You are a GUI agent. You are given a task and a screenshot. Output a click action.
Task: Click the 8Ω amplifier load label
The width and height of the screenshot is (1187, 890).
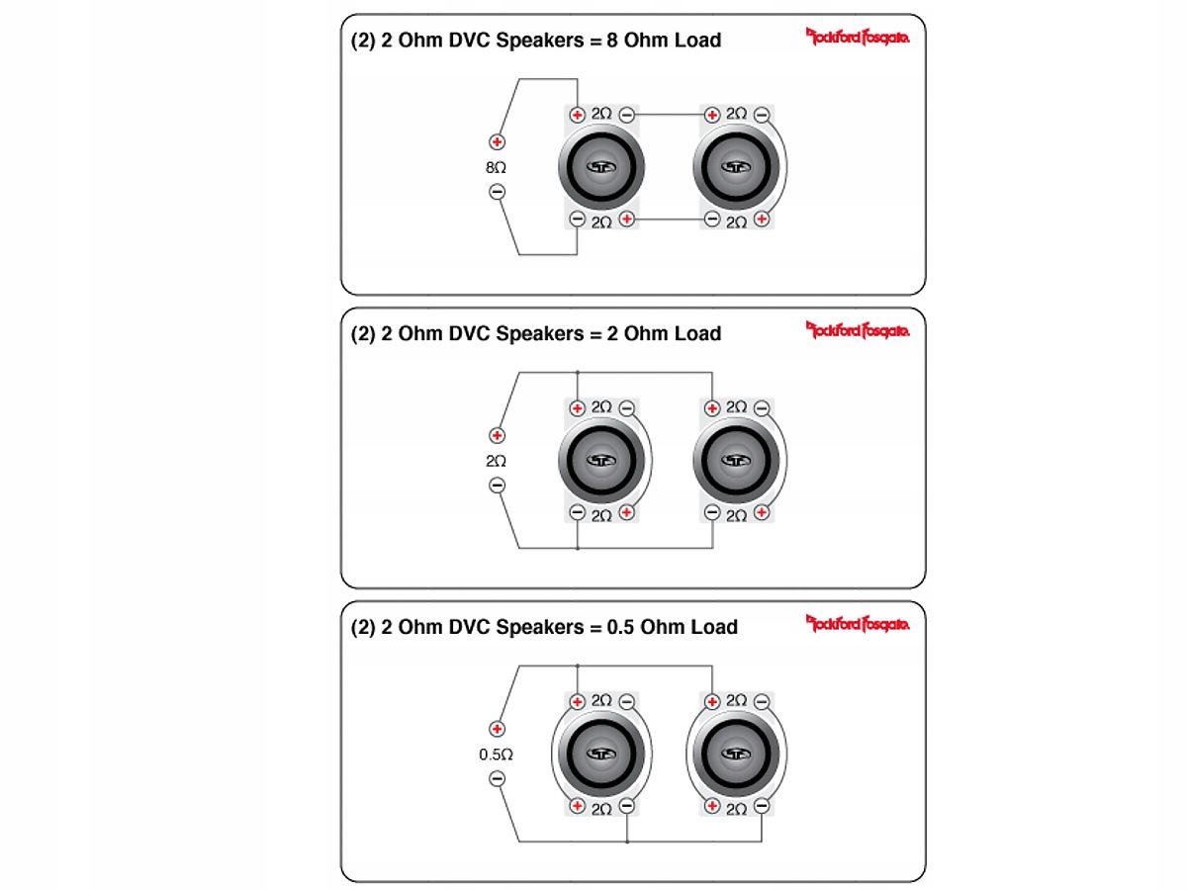coord(497,168)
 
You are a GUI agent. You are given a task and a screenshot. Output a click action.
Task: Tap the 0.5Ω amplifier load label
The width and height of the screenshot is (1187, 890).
coord(497,755)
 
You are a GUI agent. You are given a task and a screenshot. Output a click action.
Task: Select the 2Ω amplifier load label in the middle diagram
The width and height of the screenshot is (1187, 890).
coord(497,461)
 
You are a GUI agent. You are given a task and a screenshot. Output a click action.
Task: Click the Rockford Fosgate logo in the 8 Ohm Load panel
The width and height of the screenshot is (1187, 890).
coord(858,38)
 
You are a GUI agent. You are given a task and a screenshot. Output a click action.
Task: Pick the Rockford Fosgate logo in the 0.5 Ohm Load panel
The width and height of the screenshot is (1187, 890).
coord(858,624)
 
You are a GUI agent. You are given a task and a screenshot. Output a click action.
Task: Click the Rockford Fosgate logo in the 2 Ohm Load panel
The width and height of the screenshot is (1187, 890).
coord(858,330)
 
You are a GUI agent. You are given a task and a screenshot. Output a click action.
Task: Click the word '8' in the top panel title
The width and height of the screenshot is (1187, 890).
coord(612,41)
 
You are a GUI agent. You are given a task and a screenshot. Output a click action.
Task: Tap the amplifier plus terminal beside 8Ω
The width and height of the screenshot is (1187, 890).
coord(498,142)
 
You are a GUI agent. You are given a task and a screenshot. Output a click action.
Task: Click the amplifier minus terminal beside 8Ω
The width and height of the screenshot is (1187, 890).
coord(498,192)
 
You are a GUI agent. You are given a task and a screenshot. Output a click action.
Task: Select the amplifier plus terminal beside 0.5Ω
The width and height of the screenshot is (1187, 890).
coord(498,729)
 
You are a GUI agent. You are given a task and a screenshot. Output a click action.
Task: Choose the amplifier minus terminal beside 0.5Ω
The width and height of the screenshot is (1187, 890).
coord(498,779)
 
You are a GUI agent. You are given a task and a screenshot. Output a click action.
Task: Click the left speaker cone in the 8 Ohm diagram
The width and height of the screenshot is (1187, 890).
coord(601,167)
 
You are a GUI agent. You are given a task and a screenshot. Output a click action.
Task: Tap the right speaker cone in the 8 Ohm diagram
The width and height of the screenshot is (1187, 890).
coord(736,167)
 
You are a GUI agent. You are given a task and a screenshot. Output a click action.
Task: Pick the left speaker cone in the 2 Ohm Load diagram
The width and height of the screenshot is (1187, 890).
coord(601,460)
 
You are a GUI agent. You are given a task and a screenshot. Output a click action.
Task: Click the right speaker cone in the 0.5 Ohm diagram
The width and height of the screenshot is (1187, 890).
coord(736,754)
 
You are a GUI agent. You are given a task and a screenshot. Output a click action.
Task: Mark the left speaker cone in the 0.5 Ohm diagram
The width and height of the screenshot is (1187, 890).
coord(601,754)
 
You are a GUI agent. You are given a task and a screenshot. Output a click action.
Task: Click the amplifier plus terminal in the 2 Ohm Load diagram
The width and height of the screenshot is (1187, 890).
coord(498,435)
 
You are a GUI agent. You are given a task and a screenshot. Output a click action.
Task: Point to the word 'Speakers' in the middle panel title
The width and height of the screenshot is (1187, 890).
coord(539,334)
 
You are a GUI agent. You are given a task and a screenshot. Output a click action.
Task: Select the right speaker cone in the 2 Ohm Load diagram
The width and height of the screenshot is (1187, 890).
coord(736,460)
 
